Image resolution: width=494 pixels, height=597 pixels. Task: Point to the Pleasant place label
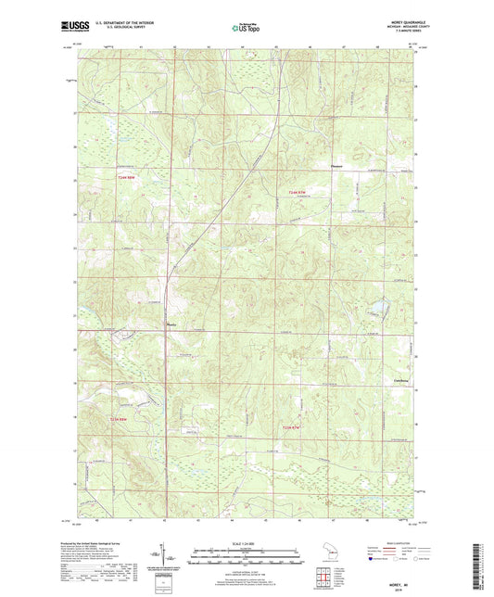pyautogui.click(x=337, y=167)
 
